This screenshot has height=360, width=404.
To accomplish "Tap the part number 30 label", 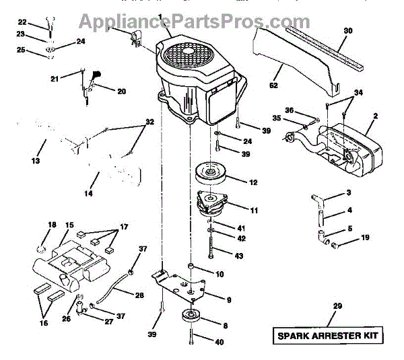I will click(x=347, y=31).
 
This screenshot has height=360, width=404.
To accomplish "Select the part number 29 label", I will click(x=337, y=306).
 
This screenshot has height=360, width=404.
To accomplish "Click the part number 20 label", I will click(x=121, y=92).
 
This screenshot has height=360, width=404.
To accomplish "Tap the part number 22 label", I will click(x=22, y=22).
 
